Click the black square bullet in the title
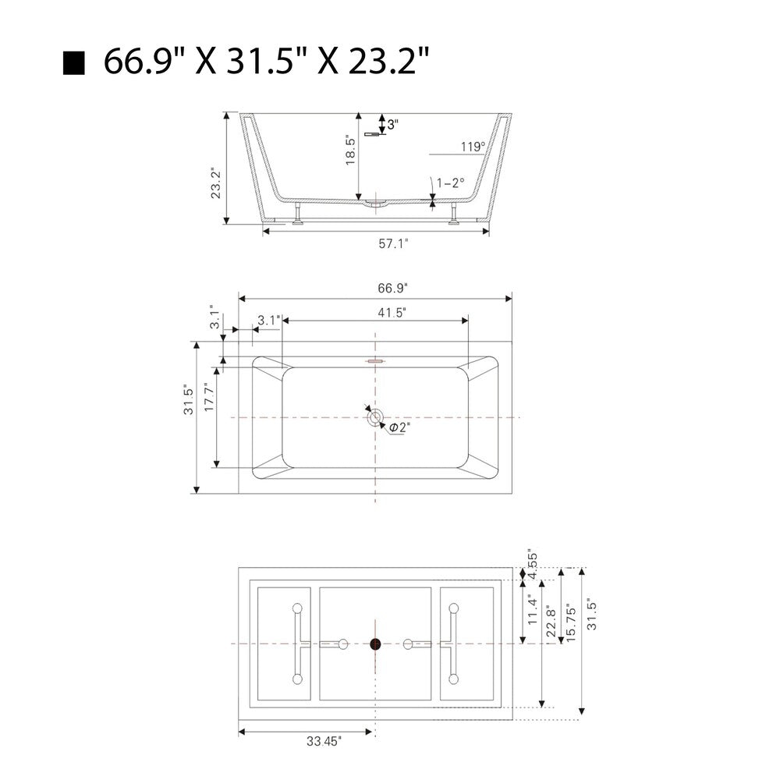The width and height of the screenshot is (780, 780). tap(74, 62)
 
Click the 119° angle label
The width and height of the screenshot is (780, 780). tap(473, 147)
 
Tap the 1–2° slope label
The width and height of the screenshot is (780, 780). tap(451, 183)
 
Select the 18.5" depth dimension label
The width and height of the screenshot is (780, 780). tap(350, 151)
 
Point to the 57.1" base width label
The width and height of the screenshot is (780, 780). tap(393, 243)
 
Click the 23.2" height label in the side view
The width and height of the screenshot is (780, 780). tap(216, 183)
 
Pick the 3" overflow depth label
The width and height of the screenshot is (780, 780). tap(393, 124)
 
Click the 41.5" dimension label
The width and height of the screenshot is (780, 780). tap(392, 313)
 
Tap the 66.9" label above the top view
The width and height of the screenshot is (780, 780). tap(392, 288)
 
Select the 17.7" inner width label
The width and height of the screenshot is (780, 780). tap(209, 396)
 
